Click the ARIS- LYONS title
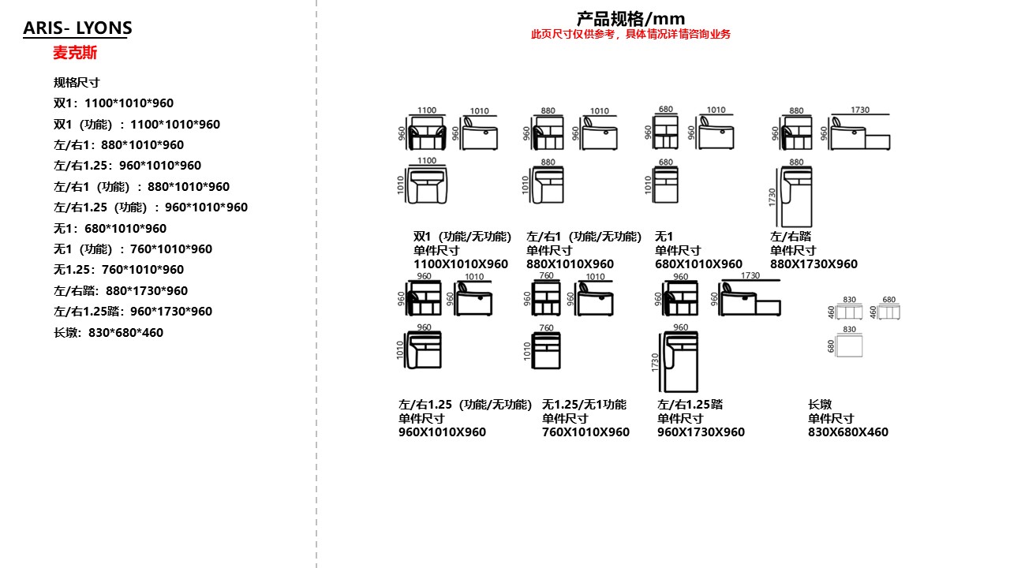pos(77,28)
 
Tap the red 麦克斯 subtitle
pos(75,53)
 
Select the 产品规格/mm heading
pos(630,18)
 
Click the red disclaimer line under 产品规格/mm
pos(630,34)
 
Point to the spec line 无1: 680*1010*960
pos(110,228)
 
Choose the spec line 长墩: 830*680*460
pos(109,332)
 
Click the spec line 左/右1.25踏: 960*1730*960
pos(133,311)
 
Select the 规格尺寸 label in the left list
pos(77,82)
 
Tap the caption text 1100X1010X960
pos(461,264)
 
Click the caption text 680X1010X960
pos(698,264)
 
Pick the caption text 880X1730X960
pos(814,264)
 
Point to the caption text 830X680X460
pos(847,432)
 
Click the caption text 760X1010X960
pos(585,432)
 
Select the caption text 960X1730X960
pos(701,432)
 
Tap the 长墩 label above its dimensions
pos(820,404)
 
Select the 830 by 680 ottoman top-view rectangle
pos(849,346)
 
